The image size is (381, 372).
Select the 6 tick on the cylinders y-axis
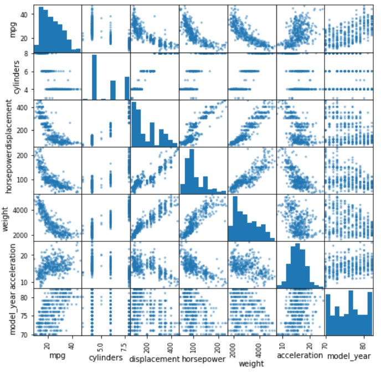[x=27, y=71]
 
